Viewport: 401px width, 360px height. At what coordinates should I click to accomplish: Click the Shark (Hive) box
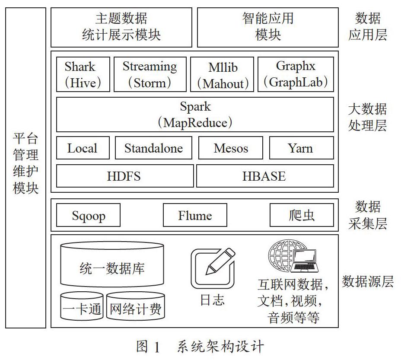click(x=83, y=74)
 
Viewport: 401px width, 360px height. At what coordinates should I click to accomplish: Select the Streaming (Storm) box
click(x=150, y=74)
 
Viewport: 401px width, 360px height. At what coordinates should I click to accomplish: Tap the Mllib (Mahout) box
click(x=222, y=74)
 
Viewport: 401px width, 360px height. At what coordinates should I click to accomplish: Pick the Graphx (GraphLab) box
click(x=296, y=74)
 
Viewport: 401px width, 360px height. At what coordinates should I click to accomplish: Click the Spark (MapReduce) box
click(x=195, y=115)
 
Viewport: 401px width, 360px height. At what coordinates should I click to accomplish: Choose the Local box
click(x=83, y=148)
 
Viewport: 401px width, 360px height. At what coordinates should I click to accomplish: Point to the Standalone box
click(x=153, y=148)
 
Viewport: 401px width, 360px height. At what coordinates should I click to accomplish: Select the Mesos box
click(x=231, y=148)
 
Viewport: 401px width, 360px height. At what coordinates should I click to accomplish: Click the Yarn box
click(x=302, y=148)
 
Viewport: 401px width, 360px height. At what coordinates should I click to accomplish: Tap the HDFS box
click(x=125, y=176)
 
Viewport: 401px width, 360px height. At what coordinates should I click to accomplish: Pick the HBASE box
click(x=265, y=176)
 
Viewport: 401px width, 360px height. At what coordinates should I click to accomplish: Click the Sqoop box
click(x=88, y=215)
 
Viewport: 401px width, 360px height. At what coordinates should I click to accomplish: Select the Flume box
click(x=195, y=215)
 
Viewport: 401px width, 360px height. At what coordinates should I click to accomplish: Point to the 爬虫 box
click(x=302, y=215)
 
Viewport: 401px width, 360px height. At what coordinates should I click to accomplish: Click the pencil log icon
click(x=213, y=268)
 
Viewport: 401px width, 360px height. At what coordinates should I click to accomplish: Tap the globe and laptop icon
click(x=293, y=256)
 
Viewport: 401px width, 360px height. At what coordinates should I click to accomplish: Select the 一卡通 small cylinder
click(x=82, y=306)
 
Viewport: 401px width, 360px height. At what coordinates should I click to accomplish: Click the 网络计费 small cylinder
click(x=136, y=306)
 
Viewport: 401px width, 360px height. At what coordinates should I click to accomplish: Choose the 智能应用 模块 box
click(x=268, y=27)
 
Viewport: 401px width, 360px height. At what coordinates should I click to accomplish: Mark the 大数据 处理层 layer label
click(x=367, y=117)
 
